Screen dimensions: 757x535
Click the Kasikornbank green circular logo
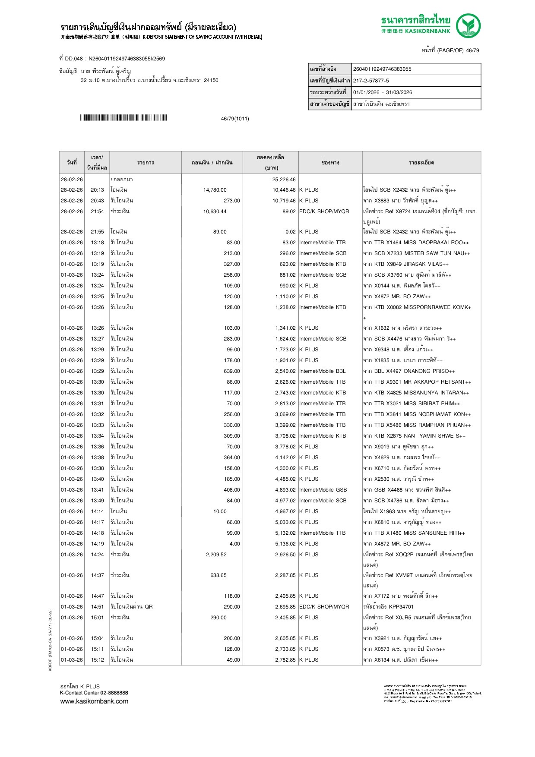pos(468,25)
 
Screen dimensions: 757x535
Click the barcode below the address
pos(123,118)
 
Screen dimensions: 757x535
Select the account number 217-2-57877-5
pos(371,81)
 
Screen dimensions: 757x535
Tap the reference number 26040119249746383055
pos(382,69)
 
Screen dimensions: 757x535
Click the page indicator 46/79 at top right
pos(472,50)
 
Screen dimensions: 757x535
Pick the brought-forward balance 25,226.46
pos(284,180)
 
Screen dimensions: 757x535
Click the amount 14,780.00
pos(215,190)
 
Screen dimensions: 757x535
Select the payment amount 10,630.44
pos(215,211)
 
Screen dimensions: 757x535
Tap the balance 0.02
pos(290,232)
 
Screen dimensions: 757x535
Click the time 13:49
pos(97,501)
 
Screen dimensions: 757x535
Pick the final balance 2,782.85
pos(285,660)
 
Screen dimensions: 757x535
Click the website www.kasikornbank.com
pos(94,701)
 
